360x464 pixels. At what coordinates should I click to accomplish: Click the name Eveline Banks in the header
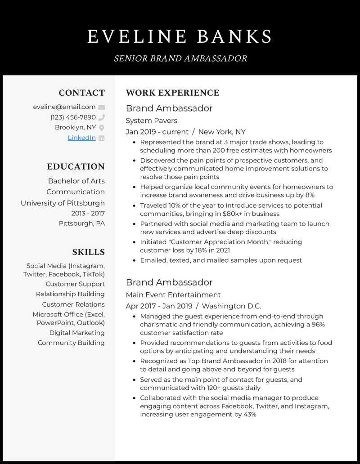pyautogui.click(x=180, y=36)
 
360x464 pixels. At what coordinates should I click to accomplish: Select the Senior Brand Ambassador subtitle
pyautogui.click(x=180, y=58)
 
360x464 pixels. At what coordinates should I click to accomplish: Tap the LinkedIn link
pyautogui.click(x=81, y=138)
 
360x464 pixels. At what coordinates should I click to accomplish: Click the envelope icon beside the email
pyautogui.click(x=101, y=107)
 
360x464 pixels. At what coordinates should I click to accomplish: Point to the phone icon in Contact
pyautogui.click(x=101, y=117)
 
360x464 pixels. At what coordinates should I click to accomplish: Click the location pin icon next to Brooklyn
pyautogui.click(x=101, y=128)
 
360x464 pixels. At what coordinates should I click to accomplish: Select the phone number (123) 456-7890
pyautogui.click(x=73, y=117)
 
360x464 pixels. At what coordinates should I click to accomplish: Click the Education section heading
pyautogui.click(x=76, y=166)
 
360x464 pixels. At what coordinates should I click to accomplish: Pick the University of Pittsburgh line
pyautogui.click(x=63, y=203)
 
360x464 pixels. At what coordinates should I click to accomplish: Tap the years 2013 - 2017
pyautogui.click(x=88, y=213)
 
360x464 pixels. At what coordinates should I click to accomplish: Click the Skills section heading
pyautogui.click(x=88, y=252)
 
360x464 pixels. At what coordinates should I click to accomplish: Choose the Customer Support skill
pyautogui.click(x=75, y=284)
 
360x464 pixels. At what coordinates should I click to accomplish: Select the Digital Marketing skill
pyautogui.click(x=76, y=333)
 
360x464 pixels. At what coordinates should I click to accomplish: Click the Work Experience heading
pyautogui.click(x=172, y=93)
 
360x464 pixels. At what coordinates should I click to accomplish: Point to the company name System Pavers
pyautogui.click(x=151, y=120)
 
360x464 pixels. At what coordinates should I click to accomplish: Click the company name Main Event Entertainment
pyautogui.click(x=173, y=295)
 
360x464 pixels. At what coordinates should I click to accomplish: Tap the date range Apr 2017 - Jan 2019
pyautogui.click(x=159, y=306)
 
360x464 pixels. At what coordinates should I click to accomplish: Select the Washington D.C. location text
pyautogui.click(x=231, y=306)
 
